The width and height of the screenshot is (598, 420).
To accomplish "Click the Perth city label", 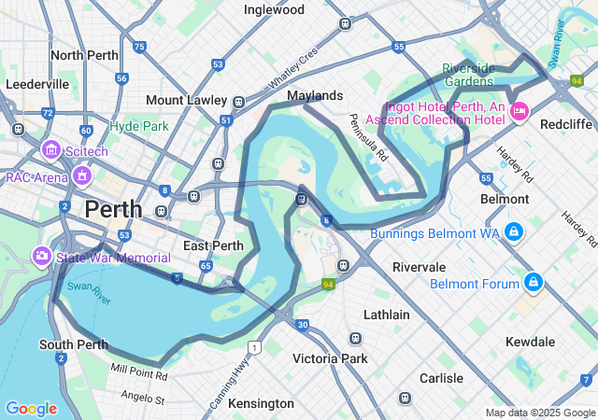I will (113, 209).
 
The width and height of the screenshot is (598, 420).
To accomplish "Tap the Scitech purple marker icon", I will (51, 149).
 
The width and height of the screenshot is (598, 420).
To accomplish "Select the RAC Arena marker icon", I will (82, 175).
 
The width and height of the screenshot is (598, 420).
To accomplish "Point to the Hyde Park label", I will (139, 126).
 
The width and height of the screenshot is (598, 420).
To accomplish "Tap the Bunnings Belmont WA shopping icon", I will (513, 231).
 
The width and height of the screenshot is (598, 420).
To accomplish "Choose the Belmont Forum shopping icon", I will (533, 279).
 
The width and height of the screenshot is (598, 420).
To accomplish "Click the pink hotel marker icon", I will (520, 112).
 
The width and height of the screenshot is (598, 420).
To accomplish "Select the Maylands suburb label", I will (315, 96).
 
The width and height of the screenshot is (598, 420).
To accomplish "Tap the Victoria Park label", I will (330, 358).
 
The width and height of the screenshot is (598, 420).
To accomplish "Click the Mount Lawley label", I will (188, 100).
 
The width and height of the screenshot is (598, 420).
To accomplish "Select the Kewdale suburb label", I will (531, 343).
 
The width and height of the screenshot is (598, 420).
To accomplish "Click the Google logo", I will (31, 409).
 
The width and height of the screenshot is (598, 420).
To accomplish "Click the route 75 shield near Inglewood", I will (139, 46).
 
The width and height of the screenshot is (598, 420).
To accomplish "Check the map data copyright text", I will (540, 413).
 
